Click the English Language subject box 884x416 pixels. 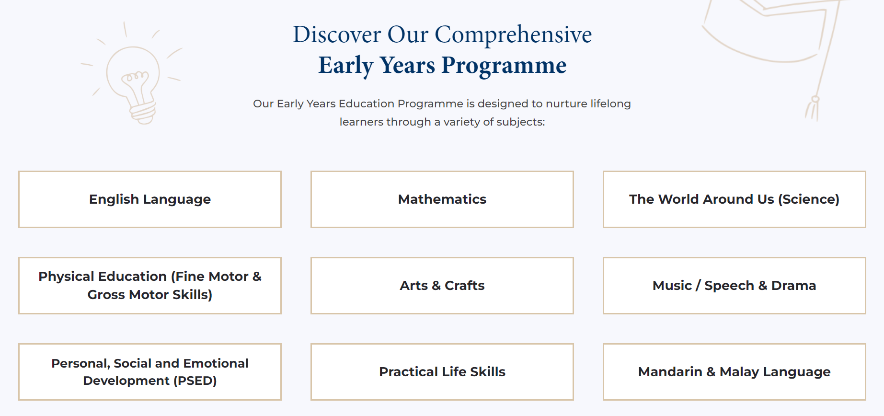point(150,199)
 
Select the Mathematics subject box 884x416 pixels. point(442,199)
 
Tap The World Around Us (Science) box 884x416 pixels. point(735,199)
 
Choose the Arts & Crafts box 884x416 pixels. point(442,286)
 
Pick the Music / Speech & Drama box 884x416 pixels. point(735,286)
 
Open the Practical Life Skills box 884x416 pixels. point(442,372)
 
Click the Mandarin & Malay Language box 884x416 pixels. point(735,372)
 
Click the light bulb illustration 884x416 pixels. point(133,77)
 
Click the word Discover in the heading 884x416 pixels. point(337,35)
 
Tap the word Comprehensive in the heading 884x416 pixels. point(513,35)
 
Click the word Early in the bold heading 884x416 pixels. point(346,66)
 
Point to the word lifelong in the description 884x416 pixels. point(610,104)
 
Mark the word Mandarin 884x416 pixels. point(670,372)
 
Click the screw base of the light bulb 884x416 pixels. point(143,113)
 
